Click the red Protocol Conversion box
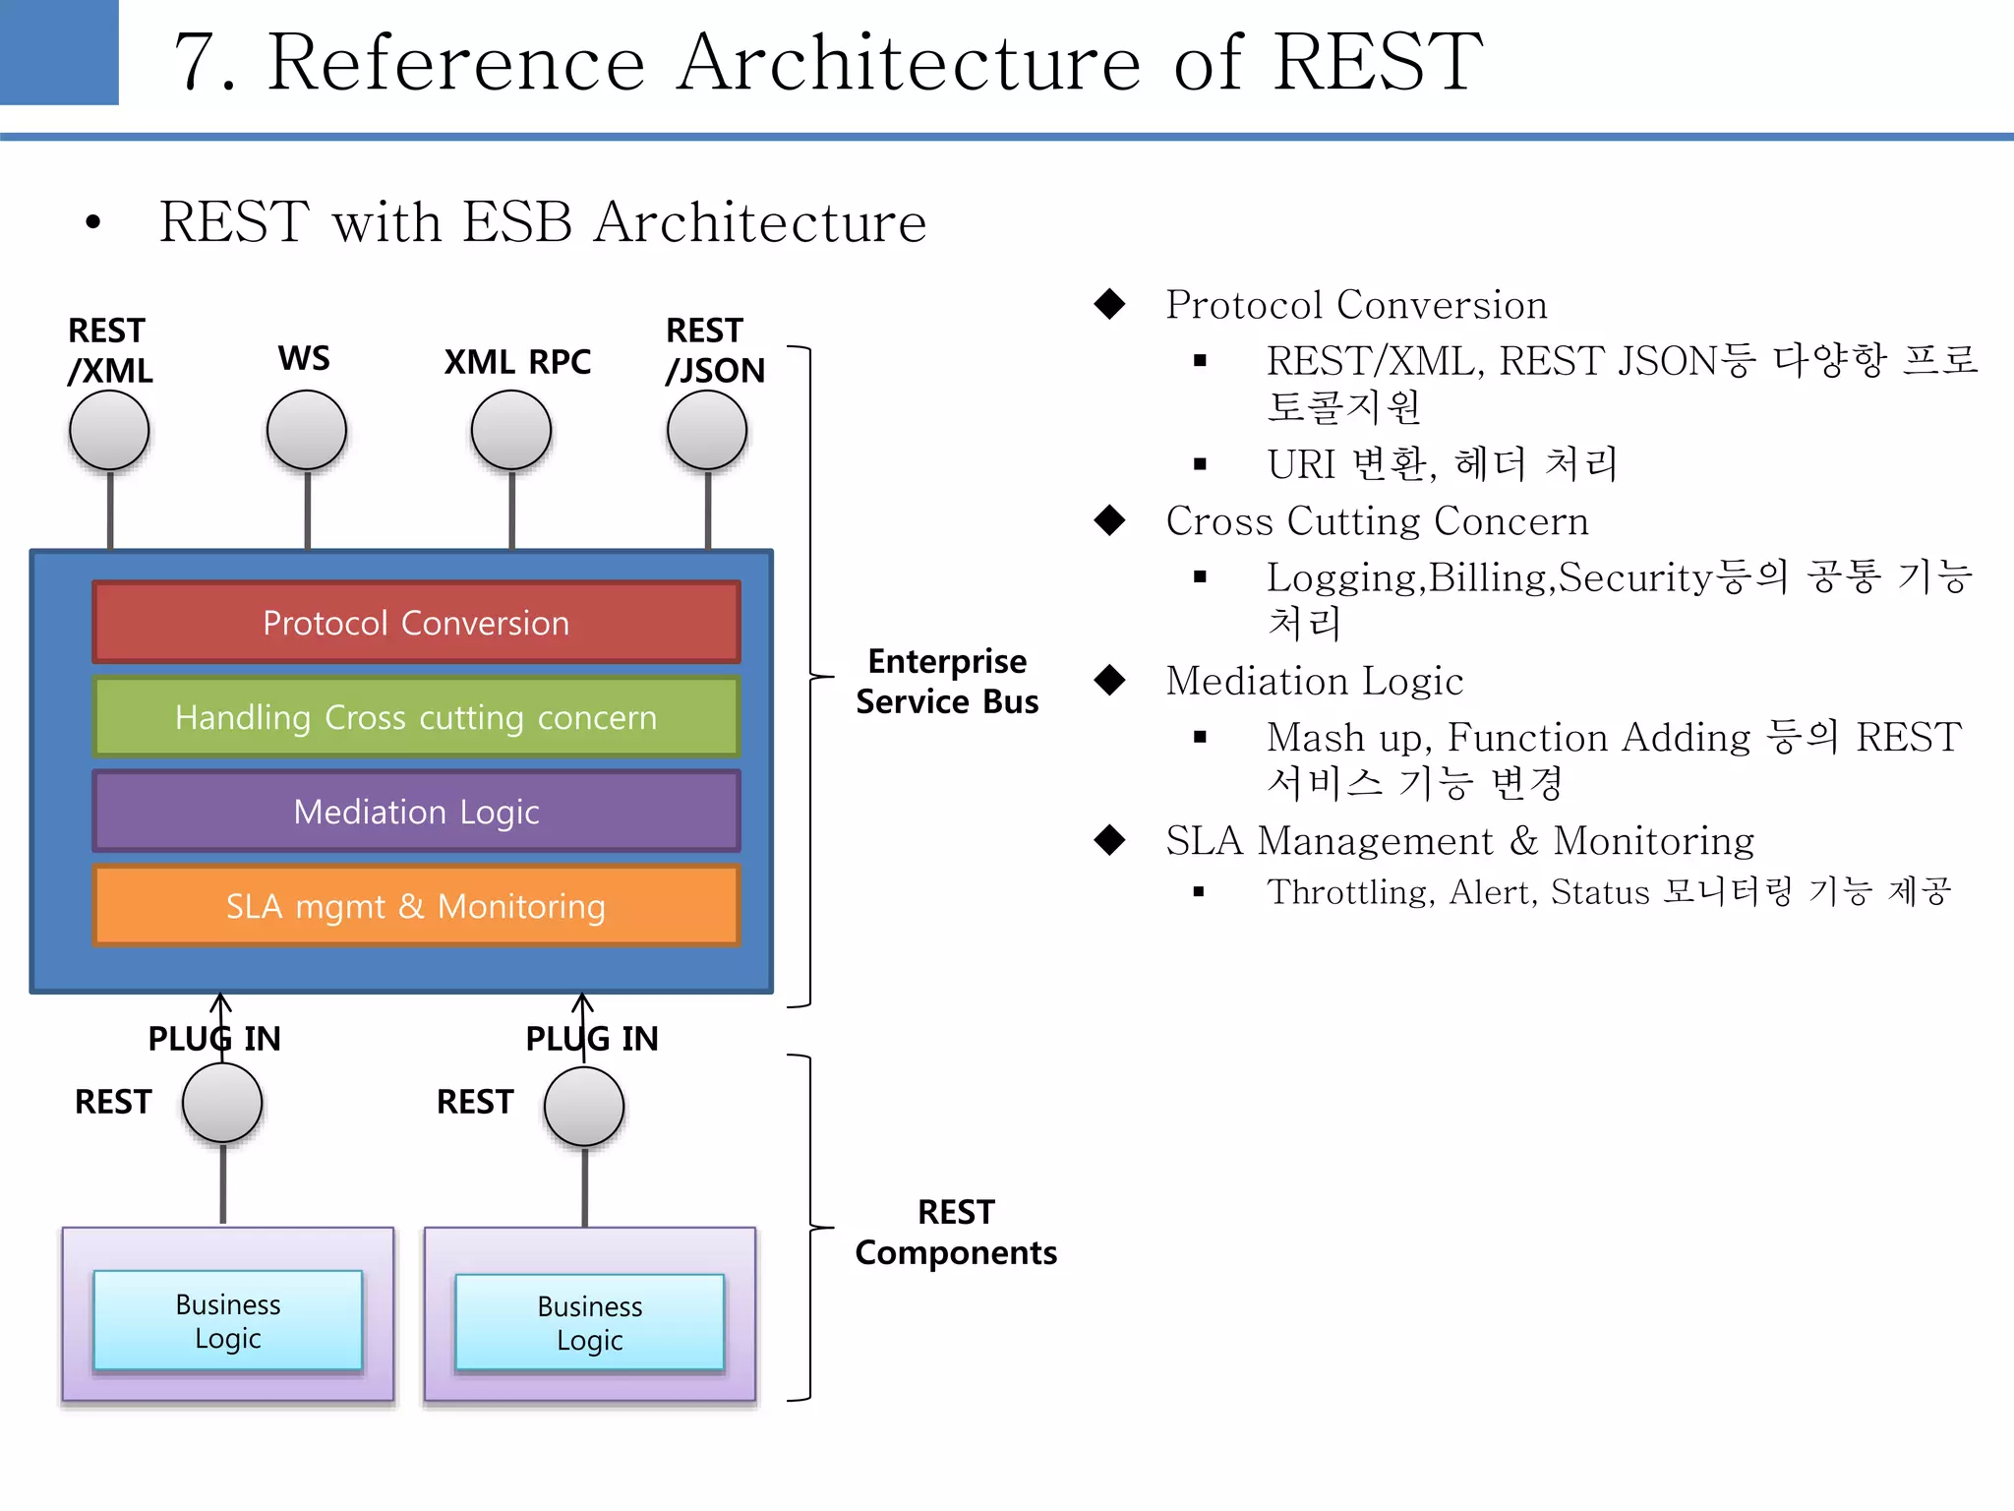click(416, 623)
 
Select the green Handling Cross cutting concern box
click(416, 717)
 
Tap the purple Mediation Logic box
click(416, 812)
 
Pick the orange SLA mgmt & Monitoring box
click(416, 906)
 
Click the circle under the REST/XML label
click(109, 431)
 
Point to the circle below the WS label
click(307, 431)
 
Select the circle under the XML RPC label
click(511, 431)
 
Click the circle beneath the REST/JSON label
click(707, 431)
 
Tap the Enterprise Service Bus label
click(946, 681)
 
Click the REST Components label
click(955, 1232)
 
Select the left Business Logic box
click(228, 1320)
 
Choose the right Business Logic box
click(590, 1322)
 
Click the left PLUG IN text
click(214, 1039)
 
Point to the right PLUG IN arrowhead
click(583, 1001)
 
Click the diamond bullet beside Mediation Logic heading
click(1110, 680)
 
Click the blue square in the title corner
click(59, 51)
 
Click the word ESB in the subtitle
click(517, 221)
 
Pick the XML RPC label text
click(517, 362)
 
